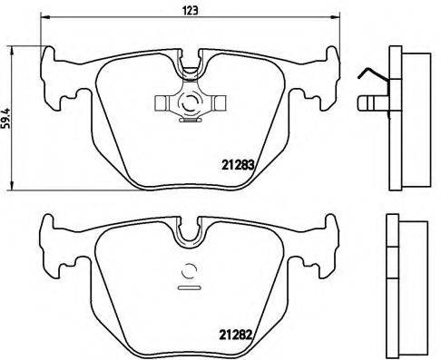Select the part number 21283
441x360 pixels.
pos(239,165)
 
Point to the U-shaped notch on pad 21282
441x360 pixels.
pos(191,233)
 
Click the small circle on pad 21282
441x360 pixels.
pos(191,268)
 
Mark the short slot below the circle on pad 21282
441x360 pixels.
pos(191,288)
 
